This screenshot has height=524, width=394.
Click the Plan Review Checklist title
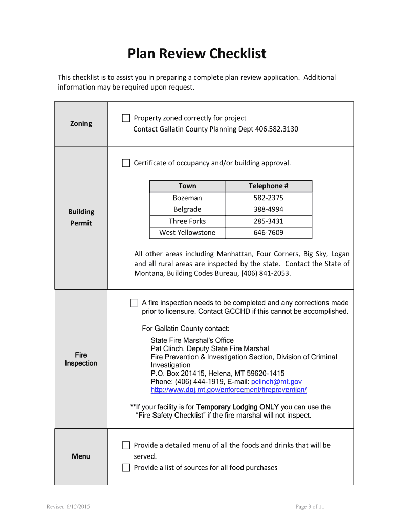click(x=197, y=54)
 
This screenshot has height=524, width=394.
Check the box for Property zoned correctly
click(x=126, y=118)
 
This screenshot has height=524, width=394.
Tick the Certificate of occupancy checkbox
click(x=126, y=163)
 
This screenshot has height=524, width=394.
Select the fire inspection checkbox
click(x=134, y=303)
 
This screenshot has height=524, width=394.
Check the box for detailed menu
click(x=126, y=445)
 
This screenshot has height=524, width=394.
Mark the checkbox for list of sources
click(x=126, y=467)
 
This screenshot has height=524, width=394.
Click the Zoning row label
click(x=81, y=123)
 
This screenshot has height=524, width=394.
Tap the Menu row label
click(x=81, y=456)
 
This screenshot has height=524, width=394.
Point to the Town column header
click(x=187, y=186)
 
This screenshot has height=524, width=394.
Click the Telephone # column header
click(x=268, y=186)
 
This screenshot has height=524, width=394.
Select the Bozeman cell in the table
click(x=187, y=198)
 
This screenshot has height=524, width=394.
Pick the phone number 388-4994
click(x=268, y=209)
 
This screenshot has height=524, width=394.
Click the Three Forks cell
click(x=187, y=221)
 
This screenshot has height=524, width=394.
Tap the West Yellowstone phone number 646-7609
click(x=268, y=233)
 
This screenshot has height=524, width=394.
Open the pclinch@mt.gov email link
click(x=276, y=382)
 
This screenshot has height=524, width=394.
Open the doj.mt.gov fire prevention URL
click(x=228, y=390)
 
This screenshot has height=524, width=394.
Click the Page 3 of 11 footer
click(x=310, y=507)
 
